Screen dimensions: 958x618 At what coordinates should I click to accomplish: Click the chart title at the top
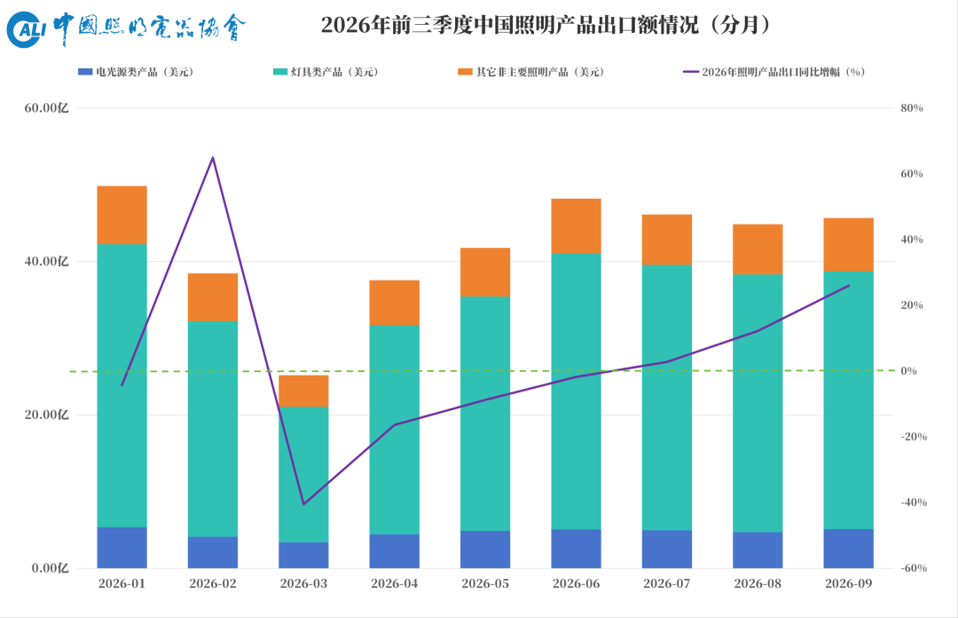click(x=546, y=25)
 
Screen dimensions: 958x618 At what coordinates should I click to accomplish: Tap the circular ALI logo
click(x=27, y=28)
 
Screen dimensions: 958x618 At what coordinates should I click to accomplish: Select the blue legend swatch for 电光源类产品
click(x=85, y=72)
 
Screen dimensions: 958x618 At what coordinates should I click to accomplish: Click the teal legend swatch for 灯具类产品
click(x=279, y=72)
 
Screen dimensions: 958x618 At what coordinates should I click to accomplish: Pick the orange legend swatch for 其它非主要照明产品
click(x=465, y=72)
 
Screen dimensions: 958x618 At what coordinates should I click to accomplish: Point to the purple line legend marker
click(x=691, y=72)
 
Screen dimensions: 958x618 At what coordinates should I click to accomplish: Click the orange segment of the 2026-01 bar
click(x=122, y=216)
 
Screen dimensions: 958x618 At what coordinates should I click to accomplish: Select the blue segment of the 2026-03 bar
click(x=303, y=555)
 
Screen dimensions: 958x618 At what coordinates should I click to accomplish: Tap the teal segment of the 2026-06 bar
click(x=577, y=392)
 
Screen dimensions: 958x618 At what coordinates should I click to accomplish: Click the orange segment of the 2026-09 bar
click(x=849, y=245)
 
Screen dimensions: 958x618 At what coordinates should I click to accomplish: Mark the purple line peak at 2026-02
click(x=213, y=158)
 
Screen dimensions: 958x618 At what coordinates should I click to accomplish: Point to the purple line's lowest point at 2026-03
click(x=303, y=504)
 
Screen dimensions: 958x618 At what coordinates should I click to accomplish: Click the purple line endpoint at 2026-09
click(x=849, y=286)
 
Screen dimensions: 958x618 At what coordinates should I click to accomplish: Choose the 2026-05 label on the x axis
click(x=485, y=583)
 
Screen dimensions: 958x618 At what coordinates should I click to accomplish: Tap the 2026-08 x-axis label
click(x=758, y=583)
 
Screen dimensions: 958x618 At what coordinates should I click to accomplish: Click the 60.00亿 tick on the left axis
click(x=46, y=108)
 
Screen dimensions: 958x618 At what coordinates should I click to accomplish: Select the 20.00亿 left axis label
click(x=46, y=415)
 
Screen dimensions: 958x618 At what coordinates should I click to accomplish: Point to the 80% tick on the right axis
click(x=912, y=108)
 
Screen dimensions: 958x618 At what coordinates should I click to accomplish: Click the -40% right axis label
click(x=914, y=503)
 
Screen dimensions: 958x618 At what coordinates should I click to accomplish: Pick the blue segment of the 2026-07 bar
click(x=667, y=549)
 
